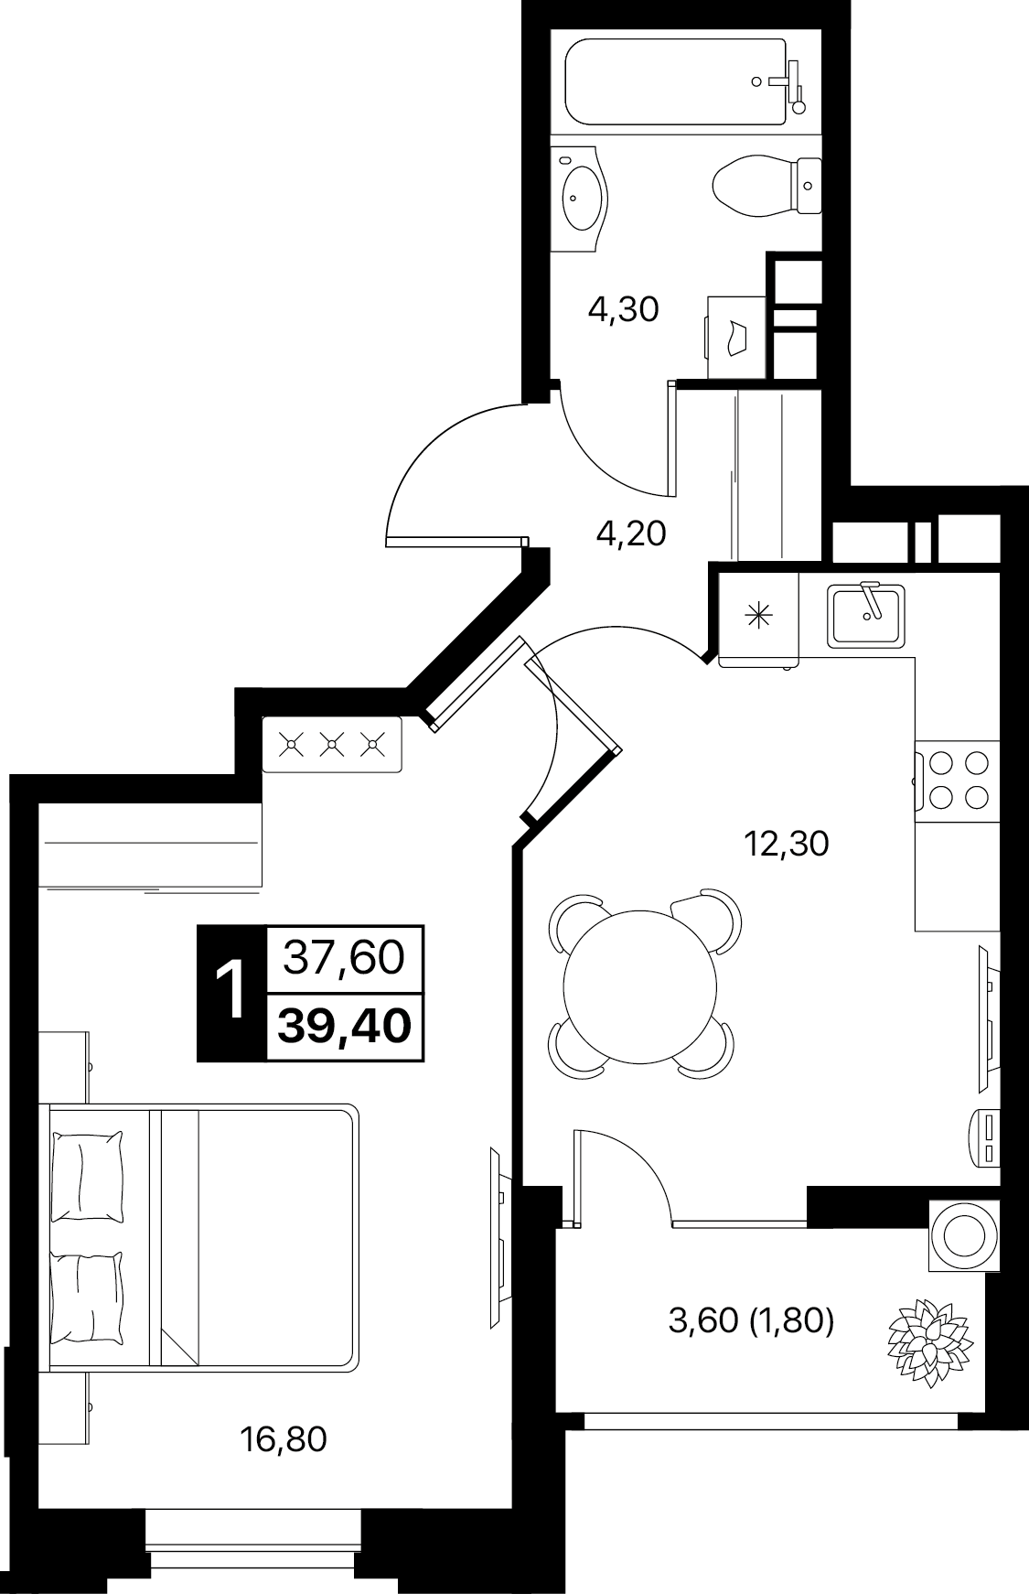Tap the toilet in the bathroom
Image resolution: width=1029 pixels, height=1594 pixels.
click(767, 186)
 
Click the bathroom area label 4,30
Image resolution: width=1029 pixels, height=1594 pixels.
click(623, 310)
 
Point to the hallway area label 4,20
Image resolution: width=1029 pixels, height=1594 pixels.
click(630, 533)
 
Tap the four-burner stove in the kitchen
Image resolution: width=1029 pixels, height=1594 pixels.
click(957, 780)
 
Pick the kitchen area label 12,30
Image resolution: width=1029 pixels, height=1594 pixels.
click(787, 844)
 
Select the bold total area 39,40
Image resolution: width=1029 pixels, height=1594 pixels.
click(345, 1027)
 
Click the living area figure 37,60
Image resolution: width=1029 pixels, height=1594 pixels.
click(345, 958)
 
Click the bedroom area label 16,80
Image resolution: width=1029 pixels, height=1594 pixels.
click(283, 1440)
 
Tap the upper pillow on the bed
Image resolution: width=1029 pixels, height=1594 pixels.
click(86, 1176)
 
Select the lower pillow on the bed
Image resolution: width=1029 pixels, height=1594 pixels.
click(86, 1298)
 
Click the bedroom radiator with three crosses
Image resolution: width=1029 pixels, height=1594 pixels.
click(332, 745)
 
